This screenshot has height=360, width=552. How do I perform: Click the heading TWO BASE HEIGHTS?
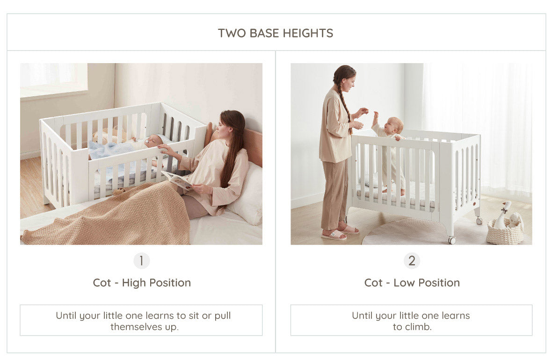[x=275, y=33]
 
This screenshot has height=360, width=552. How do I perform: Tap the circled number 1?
[x=142, y=261]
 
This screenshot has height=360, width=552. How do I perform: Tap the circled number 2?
[x=412, y=261]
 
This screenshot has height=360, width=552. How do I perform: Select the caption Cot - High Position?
[x=142, y=282]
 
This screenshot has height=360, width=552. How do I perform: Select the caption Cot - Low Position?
[x=412, y=282]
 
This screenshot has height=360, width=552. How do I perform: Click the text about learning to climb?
[x=411, y=321]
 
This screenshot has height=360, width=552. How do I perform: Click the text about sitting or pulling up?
[x=143, y=321]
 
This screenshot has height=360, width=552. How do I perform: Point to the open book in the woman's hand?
[x=177, y=180]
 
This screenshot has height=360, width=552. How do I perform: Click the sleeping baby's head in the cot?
[x=155, y=140]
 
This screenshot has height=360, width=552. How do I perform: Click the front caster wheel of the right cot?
[x=452, y=240]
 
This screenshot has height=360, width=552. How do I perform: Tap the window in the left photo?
[x=53, y=80]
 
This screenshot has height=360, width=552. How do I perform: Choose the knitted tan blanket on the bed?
[x=106, y=215]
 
